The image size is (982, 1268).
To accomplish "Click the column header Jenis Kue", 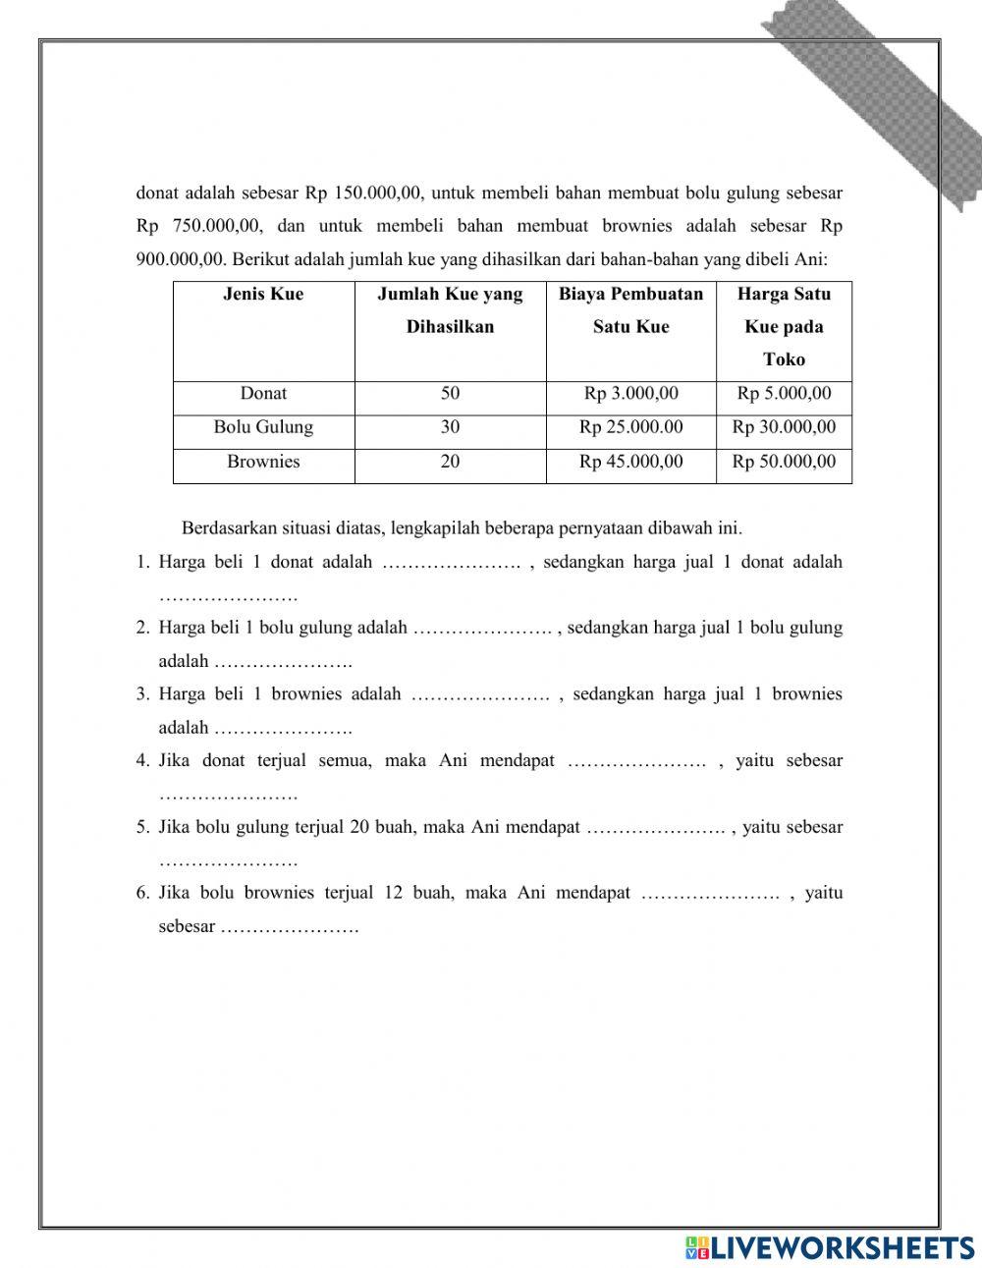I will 263,295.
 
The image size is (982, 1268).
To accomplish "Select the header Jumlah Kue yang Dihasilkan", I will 450,310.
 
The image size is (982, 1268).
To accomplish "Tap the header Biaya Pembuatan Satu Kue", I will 630,310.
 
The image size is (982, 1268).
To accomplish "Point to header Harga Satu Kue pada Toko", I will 784,327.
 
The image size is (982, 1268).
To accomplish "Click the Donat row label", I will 263,394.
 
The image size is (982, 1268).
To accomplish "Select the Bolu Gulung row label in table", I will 263,427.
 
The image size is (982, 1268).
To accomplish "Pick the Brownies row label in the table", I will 263,462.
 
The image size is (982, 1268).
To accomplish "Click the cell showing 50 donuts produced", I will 450,394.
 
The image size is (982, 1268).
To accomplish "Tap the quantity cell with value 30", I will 450,427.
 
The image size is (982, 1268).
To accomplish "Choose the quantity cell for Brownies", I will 450,462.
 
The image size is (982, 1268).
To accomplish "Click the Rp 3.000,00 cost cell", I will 630,394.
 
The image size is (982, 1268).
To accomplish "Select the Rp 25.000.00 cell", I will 630,427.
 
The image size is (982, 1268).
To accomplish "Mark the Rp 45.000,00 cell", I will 630,462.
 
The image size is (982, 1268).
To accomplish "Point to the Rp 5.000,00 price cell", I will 784,394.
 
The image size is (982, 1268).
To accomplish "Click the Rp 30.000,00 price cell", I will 784,427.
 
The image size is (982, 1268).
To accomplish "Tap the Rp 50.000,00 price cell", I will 784,462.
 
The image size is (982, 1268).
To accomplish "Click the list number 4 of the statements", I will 142,760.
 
